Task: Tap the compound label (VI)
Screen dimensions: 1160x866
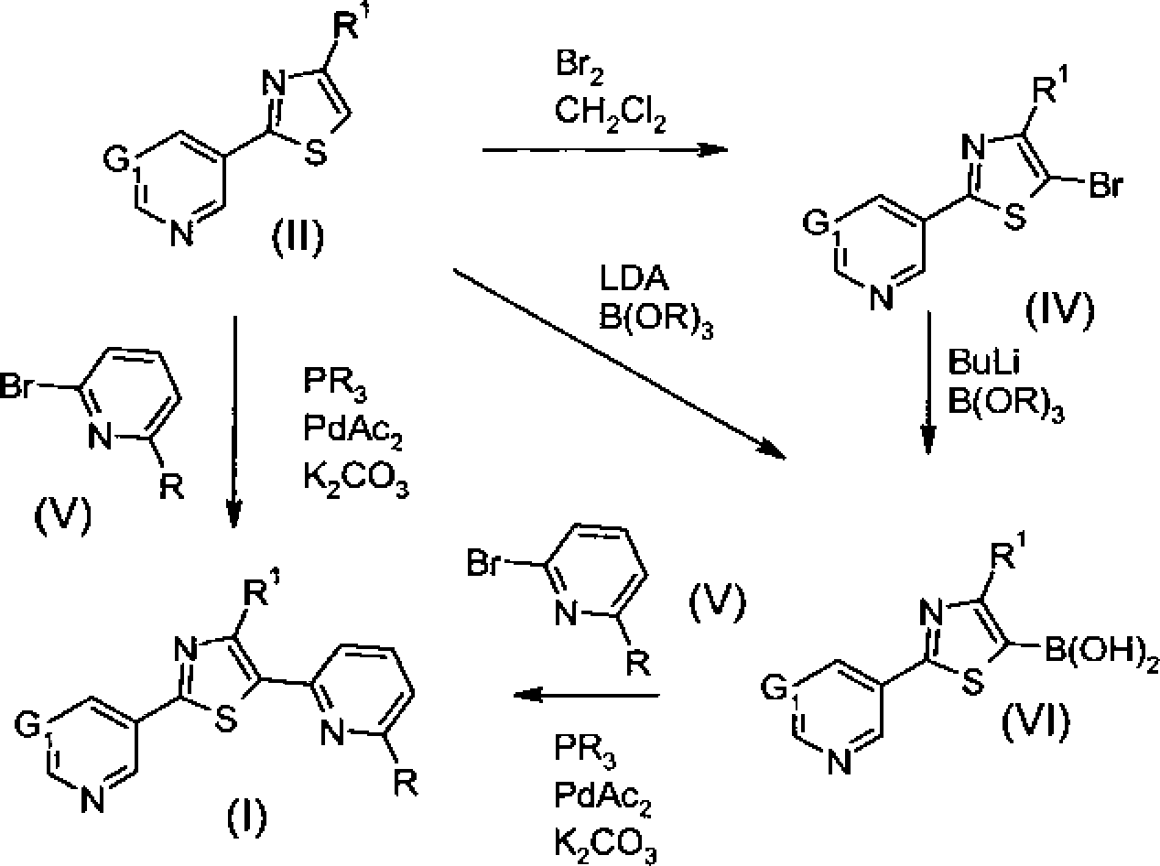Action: tap(1035, 721)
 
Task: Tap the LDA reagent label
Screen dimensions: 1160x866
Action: tap(634, 278)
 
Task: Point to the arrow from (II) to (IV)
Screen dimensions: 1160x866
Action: tap(605, 150)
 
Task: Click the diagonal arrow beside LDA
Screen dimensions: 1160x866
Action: tap(620, 364)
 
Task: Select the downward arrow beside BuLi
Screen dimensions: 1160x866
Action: tap(928, 383)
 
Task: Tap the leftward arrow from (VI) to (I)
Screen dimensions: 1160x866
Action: tap(587, 696)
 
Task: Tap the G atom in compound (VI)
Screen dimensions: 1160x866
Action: tap(775, 687)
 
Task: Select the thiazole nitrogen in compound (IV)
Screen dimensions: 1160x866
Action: tap(973, 146)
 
